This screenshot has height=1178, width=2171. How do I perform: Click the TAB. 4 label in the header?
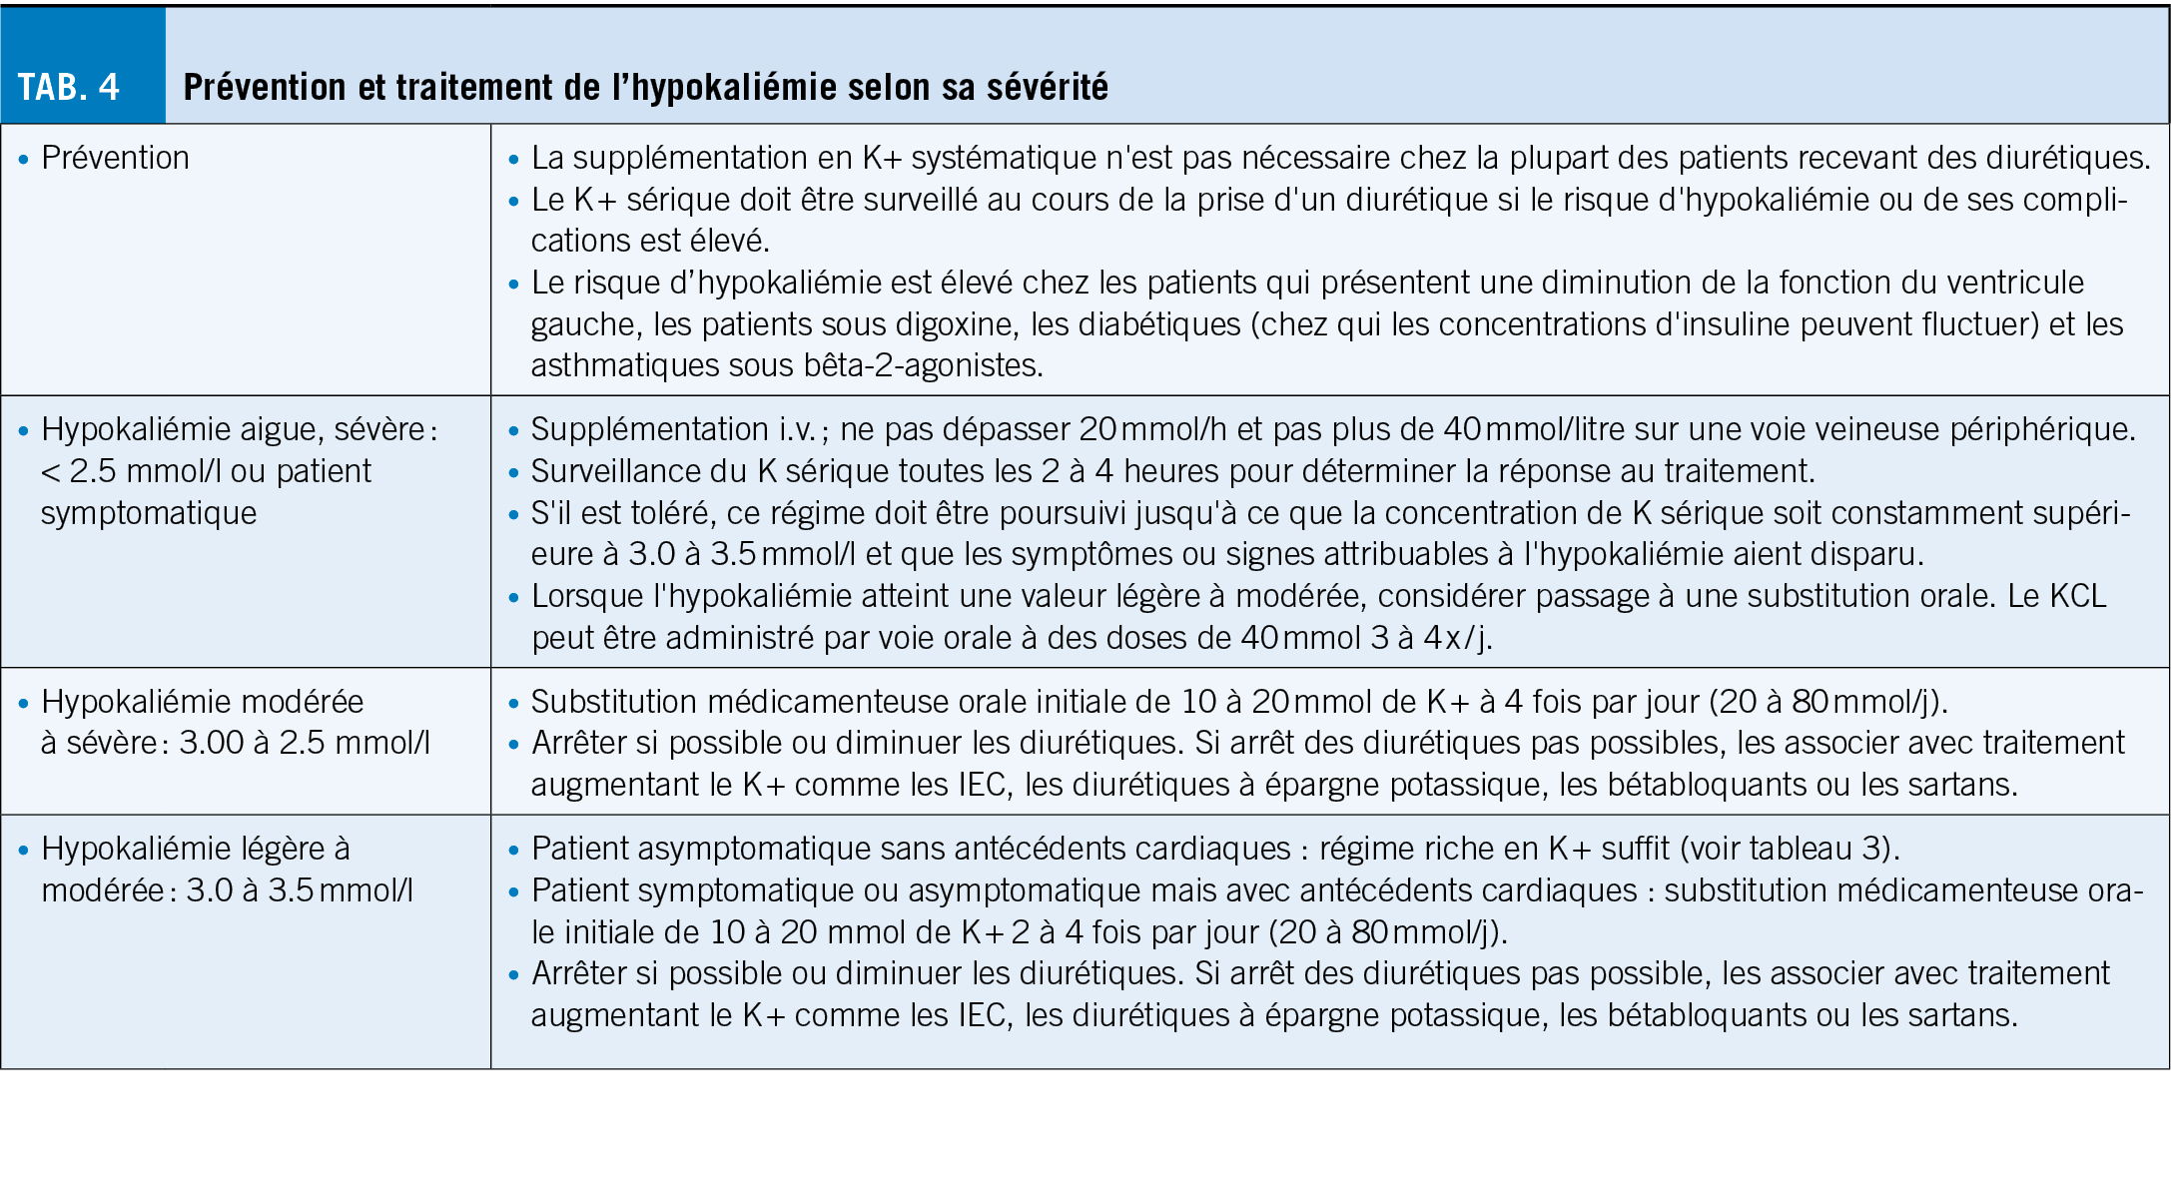coord(69,87)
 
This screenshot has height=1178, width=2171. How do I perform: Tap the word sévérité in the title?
coord(1048,87)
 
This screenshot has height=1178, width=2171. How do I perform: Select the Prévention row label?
coord(115,158)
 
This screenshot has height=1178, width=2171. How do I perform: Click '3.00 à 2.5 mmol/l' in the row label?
coord(304,743)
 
